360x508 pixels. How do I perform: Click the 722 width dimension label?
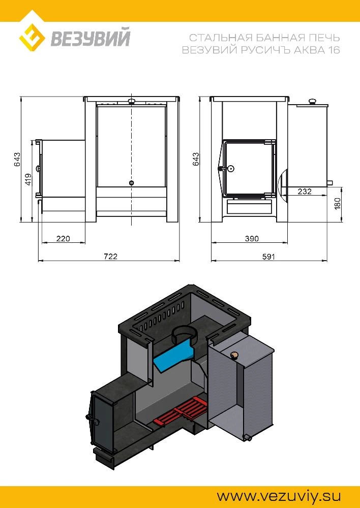[111, 256]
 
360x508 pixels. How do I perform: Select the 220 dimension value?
[63, 238]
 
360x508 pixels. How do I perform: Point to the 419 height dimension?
[28, 179]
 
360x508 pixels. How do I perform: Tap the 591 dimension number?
[268, 257]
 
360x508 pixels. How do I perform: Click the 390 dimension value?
[252, 239]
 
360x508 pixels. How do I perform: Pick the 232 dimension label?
[305, 191]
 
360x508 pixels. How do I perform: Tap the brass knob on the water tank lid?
[234, 356]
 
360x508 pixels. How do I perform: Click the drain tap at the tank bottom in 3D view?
[248, 438]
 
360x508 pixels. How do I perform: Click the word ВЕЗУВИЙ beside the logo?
[91, 37]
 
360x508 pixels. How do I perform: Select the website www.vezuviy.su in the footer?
[279, 496]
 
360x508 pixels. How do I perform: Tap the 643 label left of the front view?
[17, 160]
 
